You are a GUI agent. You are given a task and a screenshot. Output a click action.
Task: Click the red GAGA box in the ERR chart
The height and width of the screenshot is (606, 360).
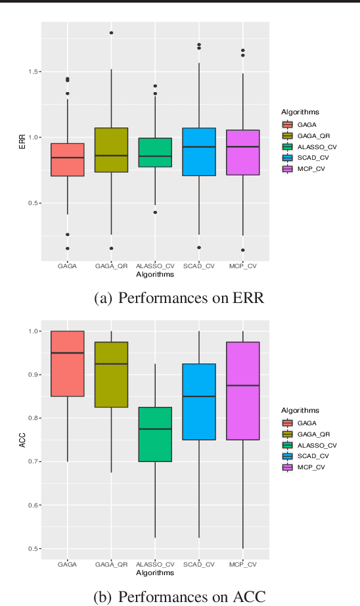pyautogui.click(x=67, y=160)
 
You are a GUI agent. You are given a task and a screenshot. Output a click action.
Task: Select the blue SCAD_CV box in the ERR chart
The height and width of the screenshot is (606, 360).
pyautogui.click(x=198, y=152)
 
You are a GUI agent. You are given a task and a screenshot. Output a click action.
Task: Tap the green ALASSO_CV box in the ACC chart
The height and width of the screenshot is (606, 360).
pyautogui.click(x=155, y=434)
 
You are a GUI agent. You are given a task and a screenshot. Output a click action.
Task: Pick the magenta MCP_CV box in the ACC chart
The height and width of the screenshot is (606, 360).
pyautogui.click(x=242, y=390)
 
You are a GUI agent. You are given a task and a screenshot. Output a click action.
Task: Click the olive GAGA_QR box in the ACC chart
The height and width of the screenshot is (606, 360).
pyautogui.click(x=111, y=375)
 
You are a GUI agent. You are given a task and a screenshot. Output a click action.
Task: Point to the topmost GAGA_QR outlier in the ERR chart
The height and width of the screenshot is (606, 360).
pyautogui.click(x=111, y=32)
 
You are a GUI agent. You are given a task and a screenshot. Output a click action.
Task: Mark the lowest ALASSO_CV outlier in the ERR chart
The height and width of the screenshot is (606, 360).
pyautogui.click(x=155, y=212)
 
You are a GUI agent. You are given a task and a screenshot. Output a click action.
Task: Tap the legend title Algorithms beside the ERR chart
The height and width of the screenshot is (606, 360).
pyautogui.click(x=300, y=112)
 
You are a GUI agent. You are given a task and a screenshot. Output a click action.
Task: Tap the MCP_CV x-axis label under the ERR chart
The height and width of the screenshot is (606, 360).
pyautogui.click(x=242, y=266)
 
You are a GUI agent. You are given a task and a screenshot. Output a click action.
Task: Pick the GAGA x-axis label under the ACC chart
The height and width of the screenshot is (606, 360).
pyautogui.click(x=67, y=565)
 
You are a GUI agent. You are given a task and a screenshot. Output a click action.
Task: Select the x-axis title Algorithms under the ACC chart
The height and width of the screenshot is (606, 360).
pyautogui.click(x=155, y=572)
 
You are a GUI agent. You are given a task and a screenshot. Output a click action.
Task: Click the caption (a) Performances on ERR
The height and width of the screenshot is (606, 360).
pyautogui.click(x=179, y=298)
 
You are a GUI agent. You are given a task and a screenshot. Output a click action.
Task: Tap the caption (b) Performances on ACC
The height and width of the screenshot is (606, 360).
pyautogui.click(x=179, y=597)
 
